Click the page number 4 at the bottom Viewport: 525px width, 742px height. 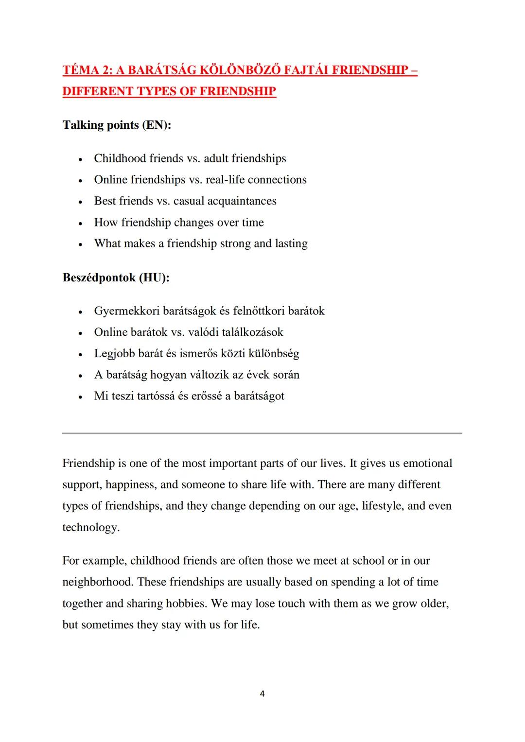click(x=262, y=694)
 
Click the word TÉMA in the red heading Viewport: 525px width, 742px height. click(x=81, y=70)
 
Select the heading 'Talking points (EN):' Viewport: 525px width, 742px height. click(x=117, y=125)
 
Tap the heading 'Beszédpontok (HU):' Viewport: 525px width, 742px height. click(x=116, y=277)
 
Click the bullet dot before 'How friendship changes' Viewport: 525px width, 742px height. click(x=80, y=224)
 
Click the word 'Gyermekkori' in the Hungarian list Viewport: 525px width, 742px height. click(x=126, y=311)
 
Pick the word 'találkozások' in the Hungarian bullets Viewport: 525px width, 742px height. click(x=252, y=332)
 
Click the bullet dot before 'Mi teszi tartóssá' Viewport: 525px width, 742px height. click(x=80, y=397)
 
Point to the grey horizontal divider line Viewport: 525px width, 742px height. click(x=262, y=433)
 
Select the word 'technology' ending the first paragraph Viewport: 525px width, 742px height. click(x=89, y=527)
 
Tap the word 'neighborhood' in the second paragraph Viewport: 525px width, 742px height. click(x=97, y=582)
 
